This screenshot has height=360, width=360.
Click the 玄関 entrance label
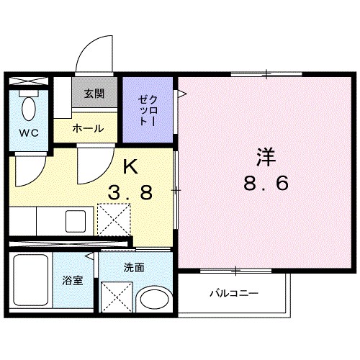[94, 94]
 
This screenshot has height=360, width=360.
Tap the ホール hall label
[88, 129]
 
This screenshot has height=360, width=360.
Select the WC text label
[28, 132]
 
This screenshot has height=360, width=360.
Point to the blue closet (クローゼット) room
[148, 109]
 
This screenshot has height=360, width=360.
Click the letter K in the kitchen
[130, 168]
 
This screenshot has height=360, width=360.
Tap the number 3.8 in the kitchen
[130, 193]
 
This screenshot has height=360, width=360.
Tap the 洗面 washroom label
[133, 268]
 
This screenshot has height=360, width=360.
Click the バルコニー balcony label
[233, 294]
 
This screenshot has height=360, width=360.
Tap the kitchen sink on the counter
[75, 220]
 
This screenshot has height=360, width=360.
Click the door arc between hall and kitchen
[94, 164]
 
